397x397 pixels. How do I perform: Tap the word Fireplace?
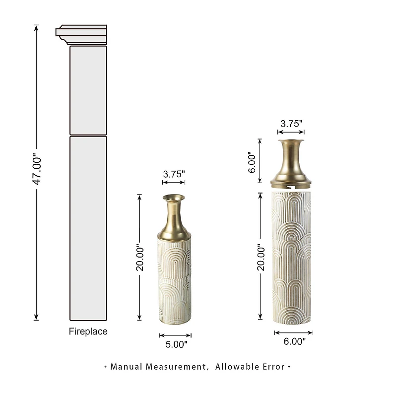[x=88, y=331]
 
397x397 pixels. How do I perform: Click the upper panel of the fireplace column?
[x=88, y=90]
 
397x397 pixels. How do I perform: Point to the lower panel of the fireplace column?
[x=88, y=228]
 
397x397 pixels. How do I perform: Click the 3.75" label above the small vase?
[x=174, y=174]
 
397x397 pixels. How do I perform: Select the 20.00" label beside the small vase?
[x=140, y=258]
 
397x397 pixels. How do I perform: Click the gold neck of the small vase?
[x=174, y=218]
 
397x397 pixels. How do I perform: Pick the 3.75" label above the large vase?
[x=291, y=124]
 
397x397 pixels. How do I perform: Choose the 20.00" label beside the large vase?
[x=260, y=257]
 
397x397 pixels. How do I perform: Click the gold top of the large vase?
[x=291, y=162]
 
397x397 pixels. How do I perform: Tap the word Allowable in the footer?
[x=238, y=367]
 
